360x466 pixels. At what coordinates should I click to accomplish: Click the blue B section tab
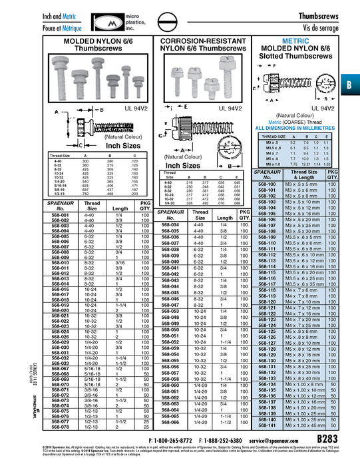pos(351,86)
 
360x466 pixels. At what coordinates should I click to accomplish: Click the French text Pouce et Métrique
pos(30,26)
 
